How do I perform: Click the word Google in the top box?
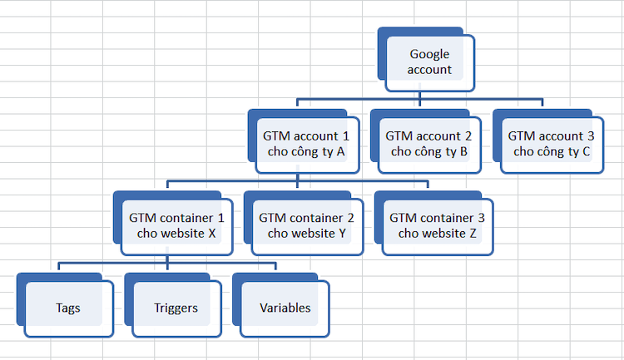point(429,55)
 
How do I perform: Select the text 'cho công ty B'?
point(428,151)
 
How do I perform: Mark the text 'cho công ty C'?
point(552,151)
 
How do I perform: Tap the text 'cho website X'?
point(176,233)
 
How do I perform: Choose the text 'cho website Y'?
point(306,233)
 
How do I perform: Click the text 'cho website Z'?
point(437,233)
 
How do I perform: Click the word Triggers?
point(176,308)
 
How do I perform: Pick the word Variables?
point(285,308)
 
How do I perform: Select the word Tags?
point(68,308)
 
